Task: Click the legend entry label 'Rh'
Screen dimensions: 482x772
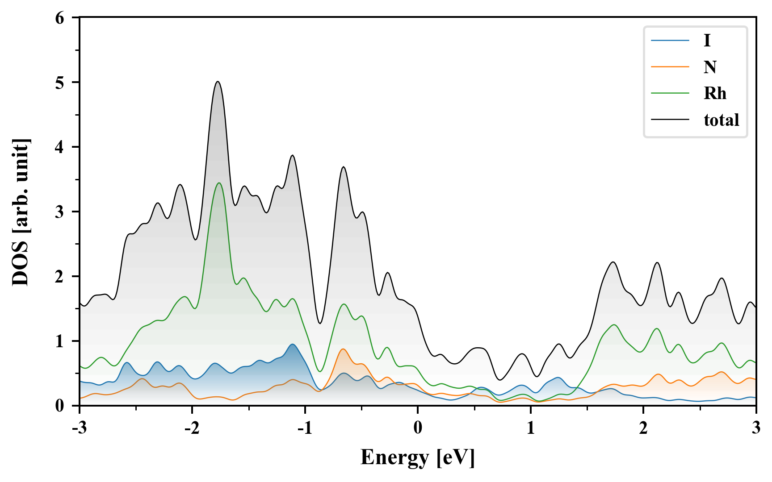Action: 715,94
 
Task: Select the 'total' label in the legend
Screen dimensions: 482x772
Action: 721,120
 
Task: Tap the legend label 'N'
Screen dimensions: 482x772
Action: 710,67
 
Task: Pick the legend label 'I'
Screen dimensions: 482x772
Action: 707,41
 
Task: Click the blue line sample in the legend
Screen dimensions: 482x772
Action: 670,41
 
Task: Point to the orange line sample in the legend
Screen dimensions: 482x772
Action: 670,67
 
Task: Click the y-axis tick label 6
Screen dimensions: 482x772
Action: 60,18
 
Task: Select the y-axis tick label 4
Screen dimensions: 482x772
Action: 60,147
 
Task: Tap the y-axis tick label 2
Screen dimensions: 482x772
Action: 60,277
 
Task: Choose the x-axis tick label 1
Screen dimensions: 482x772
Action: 530,428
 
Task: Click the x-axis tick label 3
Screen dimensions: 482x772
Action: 756,428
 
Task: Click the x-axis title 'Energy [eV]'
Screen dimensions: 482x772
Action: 418,457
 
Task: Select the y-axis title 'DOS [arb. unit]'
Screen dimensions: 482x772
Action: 21,212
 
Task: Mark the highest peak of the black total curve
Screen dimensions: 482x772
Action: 218,82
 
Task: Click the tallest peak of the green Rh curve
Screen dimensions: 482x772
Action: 219,183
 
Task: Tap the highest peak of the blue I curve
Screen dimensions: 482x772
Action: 293,345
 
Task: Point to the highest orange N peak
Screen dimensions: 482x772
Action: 343,349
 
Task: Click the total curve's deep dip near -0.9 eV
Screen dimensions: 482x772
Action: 320,323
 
